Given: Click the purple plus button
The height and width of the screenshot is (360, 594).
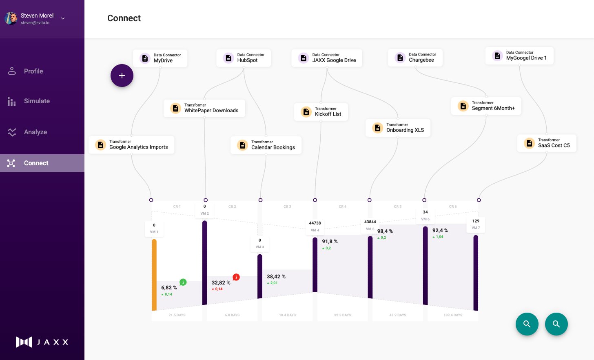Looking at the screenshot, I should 122,76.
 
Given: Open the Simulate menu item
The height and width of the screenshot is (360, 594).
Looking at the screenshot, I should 36,101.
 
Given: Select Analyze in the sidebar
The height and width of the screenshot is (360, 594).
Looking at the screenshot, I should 35,132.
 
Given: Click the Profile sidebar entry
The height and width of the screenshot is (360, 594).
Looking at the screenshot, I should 33,71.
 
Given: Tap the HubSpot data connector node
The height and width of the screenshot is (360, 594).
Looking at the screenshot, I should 244,58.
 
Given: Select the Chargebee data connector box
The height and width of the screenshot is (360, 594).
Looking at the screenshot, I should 415,58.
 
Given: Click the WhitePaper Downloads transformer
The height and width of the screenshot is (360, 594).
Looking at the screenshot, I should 204,108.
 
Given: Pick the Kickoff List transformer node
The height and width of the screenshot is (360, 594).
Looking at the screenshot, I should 321,112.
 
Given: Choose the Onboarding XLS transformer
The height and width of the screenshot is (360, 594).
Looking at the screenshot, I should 398,128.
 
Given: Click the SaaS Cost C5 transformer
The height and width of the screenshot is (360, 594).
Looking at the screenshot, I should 547,143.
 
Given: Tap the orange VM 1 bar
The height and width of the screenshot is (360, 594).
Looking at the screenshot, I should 154,274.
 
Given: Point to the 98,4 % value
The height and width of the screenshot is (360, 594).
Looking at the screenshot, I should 385,231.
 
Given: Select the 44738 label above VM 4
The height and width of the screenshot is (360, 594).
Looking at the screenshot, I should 315,223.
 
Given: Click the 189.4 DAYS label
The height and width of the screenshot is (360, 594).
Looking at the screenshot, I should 453,315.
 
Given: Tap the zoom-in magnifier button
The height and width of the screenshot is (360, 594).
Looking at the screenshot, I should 527,324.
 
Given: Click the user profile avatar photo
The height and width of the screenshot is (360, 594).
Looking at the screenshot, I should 11,18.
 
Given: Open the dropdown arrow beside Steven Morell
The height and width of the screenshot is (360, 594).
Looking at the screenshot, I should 63,18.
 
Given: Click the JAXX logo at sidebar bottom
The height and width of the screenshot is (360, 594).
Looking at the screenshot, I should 42,342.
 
